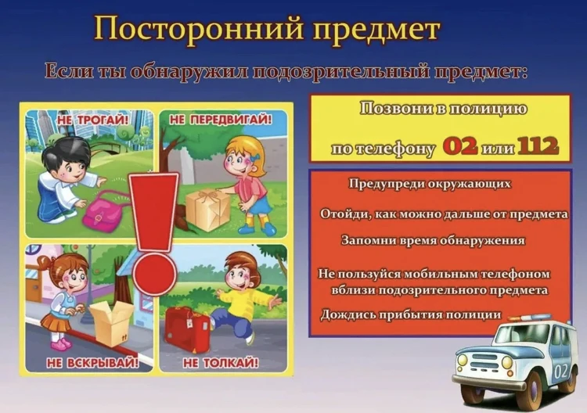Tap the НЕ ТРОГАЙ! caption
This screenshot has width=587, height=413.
(93, 119)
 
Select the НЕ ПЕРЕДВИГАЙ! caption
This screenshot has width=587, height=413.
(221, 119)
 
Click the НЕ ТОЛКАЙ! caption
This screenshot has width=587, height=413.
(220, 363)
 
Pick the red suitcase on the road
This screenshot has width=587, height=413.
(187, 329)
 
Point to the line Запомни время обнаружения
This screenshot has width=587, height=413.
(432, 241)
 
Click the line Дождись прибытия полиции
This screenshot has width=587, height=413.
(410, 314)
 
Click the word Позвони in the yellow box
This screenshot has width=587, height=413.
(394, 110)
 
